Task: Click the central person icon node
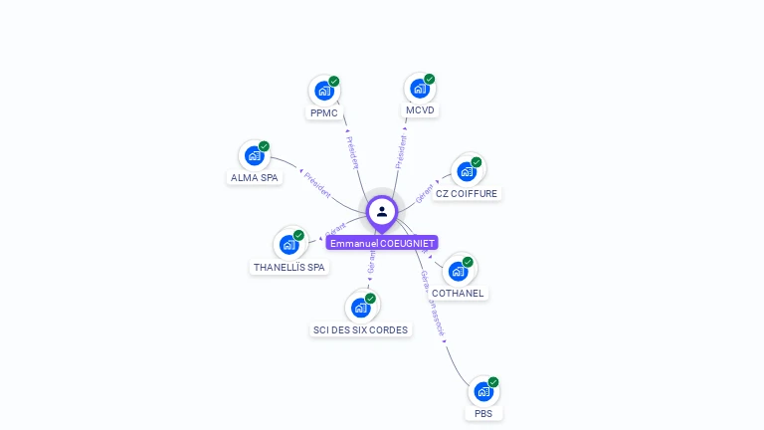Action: [x=382, y=211]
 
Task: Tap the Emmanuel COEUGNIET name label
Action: [x=382, y=243]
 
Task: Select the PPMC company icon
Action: [x=323, y=91]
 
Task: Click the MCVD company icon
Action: [x=419, y=89]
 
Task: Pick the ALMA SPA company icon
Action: [x=254, y=156]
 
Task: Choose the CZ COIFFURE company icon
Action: [x=466, y=171]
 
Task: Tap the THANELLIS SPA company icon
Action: [x=288, y=245]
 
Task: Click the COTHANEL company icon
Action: [x=457, y=271]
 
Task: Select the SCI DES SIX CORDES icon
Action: [x=360, y=308]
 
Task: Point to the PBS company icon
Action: [x=482, y=391]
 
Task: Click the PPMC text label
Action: [x=324, y=113]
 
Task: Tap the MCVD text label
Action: [x=420, y=110]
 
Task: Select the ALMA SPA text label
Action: [x=255, y=178]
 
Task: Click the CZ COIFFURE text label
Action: [x=467, y=194]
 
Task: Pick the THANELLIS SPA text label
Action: [x=289, y=268]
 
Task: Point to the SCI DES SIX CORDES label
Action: [x=360, y=330]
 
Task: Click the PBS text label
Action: [x=483, y=414]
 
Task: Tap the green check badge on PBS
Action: [x=493, y=382]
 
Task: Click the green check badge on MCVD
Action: [x=430, y=79]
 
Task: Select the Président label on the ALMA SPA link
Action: [x=317, y=185]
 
